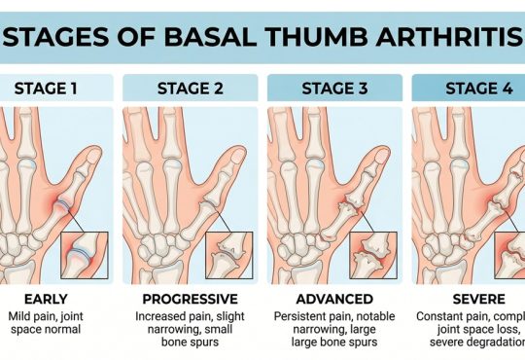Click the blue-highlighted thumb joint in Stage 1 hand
[x=63, y=205]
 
